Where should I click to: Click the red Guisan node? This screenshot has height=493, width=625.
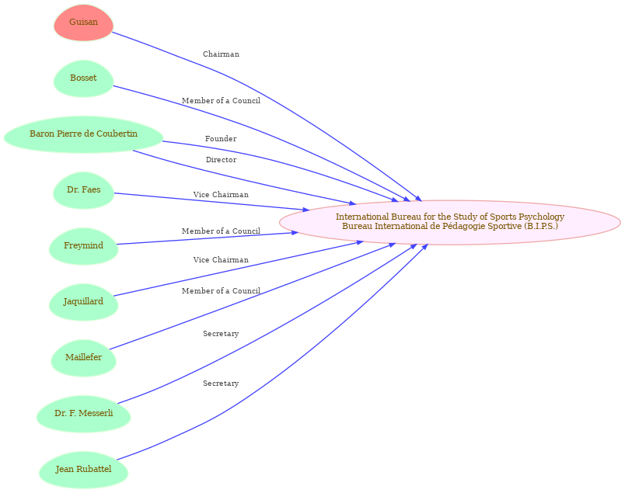pyautogui.click(x=83, y=23)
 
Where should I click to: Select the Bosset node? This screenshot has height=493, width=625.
pyautogui.click(x=83, y=78)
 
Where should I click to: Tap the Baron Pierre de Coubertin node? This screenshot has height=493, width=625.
pyautogui.click(x=83, y=134)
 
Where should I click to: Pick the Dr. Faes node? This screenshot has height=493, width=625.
pyautogui.click(x=83, y=190)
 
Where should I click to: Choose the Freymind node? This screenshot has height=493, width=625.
pyautogui.click(x=83, y=246)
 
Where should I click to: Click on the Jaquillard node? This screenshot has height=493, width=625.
pyautogui.click(x=83, y=302)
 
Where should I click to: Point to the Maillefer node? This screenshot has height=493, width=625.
pyautogui.click(x=83, y=358)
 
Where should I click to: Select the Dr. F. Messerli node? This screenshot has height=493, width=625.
pyautogui.click(x=83, y=414)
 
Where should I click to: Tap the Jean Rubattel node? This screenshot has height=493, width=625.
pyautogui.click(x=83, y=470)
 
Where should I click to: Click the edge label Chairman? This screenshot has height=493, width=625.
pyautogui.click(x=221, y=54)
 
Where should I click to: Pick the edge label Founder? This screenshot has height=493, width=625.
pyautogui.click(x=221, y=139)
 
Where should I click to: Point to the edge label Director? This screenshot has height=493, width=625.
pyautogui.click(x=221, y=160)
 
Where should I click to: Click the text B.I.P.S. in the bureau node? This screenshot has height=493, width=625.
pyautogui.click(x=540, y=226)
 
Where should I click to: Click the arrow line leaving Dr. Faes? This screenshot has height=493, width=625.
pyautogui.click(x=210, y=201)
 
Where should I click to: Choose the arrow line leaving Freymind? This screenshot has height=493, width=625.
pyautogui.click(x=210, y=238)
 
